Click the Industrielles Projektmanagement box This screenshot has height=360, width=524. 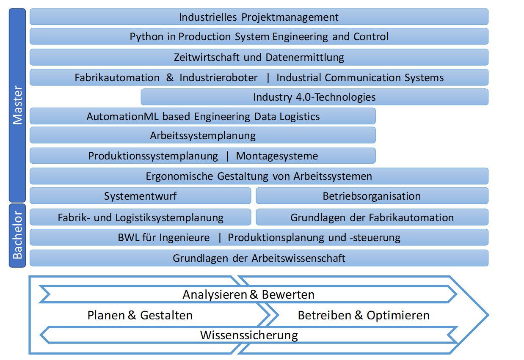click(x=259, y=17)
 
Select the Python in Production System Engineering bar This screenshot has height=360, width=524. click(x=259, y=37)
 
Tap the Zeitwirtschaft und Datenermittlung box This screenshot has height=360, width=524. click(x=259, y=57)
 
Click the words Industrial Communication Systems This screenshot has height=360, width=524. click(x=360, y=78)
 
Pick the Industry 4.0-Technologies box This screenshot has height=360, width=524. click(x=314, y=97)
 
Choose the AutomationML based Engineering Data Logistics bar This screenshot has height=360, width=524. click(x=203, y=116)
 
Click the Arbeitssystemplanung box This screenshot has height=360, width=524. click(x=203, y=136)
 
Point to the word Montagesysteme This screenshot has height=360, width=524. click(x=277, y=156)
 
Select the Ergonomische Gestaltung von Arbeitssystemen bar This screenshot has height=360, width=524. click(x=259, y=176)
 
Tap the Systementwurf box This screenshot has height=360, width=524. click(x=140, y=196)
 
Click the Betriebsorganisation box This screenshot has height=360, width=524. click(x=372, y=196)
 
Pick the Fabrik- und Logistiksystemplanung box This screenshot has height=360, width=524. click(x=140, y=218)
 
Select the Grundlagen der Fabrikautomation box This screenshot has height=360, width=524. click(x=372, y=218)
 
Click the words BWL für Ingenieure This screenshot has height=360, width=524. click(x=163, y=238)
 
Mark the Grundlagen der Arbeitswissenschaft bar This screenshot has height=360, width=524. click(x=259, y=258)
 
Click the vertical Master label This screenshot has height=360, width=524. click(x=17, y=105)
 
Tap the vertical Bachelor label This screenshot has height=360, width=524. click(x=17, y=236)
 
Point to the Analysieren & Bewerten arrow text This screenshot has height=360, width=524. click(x=248, y=294)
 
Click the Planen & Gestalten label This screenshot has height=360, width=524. click(x=140, y=315)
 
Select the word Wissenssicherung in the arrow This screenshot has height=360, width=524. click(x=249, y=335)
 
